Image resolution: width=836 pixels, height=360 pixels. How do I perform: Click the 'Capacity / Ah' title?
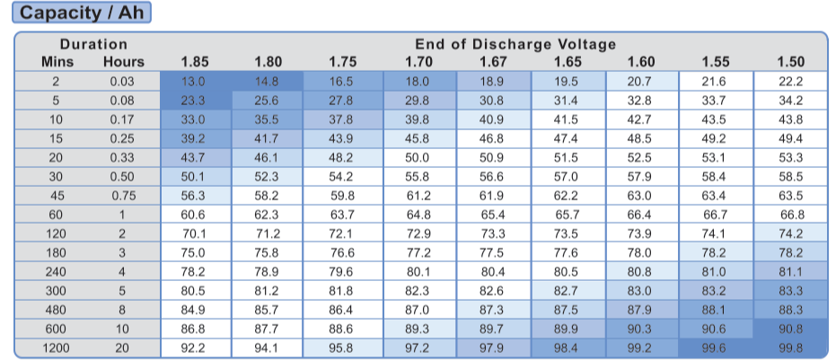coord(81,13)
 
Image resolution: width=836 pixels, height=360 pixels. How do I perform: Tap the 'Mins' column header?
coord(57,62)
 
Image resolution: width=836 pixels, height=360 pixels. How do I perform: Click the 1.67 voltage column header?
coord(492,62)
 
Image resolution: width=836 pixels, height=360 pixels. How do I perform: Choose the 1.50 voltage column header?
coord(790,62)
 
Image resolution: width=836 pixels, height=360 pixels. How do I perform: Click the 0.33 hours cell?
coord(122,158)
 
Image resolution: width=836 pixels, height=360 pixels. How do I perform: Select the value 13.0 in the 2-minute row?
coord(195,82)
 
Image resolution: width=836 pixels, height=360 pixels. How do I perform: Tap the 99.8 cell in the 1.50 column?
coord(790,347)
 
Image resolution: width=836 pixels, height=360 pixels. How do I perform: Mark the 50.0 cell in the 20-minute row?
coord(418,158)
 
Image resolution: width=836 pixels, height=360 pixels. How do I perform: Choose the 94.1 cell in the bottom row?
coord(268,347)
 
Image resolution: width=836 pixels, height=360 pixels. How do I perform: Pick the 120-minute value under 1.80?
coord(268,233)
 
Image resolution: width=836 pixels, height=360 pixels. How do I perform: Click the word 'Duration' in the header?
coord(93,44)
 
